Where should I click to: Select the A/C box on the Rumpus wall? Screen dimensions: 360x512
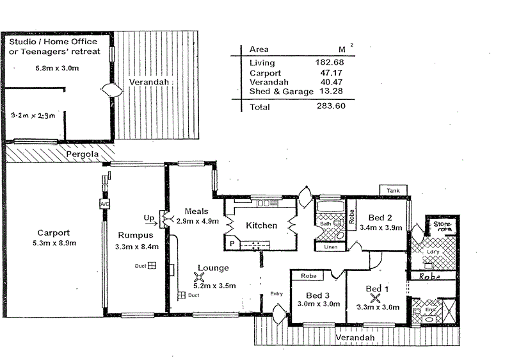[104, 204]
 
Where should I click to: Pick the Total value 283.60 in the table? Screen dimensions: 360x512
[331, 106]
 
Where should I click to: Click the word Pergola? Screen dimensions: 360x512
[81, 154]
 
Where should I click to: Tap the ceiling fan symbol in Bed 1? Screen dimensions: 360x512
[375, 296]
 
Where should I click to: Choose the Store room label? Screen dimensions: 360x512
[442, 227]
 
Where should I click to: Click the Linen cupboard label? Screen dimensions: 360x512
[330, 247]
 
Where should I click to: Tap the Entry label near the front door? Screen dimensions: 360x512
[276, 294]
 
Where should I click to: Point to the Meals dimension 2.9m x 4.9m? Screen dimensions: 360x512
[198, 221]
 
